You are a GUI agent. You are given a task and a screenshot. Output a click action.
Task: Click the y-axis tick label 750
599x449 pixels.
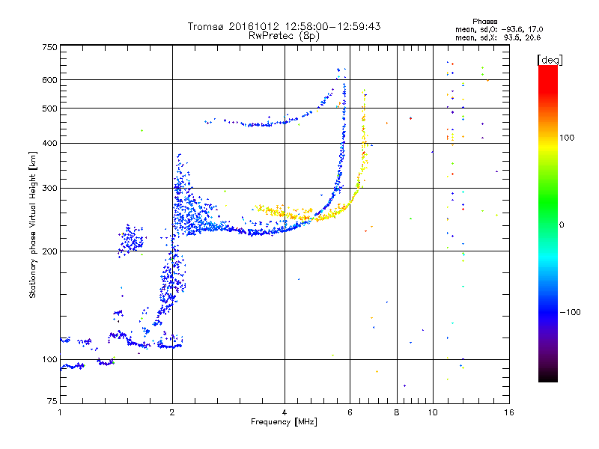click(49, 47)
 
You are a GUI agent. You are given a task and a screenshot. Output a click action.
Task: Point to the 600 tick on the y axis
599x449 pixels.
click(49, 79)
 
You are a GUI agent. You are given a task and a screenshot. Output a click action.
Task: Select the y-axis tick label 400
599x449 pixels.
click(49, 143)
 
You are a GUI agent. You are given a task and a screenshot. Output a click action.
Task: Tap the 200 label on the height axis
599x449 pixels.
click(49, 251)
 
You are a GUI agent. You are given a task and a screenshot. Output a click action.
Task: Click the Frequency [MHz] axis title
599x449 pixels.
click(284, 422)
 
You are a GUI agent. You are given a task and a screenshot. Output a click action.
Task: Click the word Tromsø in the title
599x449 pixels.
click(207, 26)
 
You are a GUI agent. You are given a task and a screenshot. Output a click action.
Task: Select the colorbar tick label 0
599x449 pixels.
click(562, 224)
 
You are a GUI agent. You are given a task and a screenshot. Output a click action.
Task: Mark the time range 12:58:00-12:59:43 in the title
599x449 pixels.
click(326, 26)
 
